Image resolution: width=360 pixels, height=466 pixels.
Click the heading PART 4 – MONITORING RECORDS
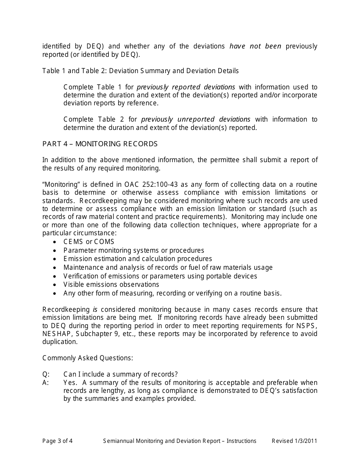100,144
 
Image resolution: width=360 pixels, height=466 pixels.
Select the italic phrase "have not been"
255,46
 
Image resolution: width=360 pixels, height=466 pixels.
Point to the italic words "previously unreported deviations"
196,119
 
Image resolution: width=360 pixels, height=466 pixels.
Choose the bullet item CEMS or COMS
89,242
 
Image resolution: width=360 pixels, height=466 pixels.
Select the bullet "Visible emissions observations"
111,285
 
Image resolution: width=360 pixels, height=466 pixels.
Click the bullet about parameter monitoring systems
134,250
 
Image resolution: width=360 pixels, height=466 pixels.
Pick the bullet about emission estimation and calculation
138,259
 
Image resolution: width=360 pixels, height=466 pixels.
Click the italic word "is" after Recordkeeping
95,310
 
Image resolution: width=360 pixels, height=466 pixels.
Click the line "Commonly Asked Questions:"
88,358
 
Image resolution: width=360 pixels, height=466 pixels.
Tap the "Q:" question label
46,374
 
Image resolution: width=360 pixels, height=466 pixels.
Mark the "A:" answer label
46,383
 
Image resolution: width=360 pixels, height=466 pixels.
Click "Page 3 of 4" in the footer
57,441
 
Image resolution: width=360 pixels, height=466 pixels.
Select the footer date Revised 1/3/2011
294,441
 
